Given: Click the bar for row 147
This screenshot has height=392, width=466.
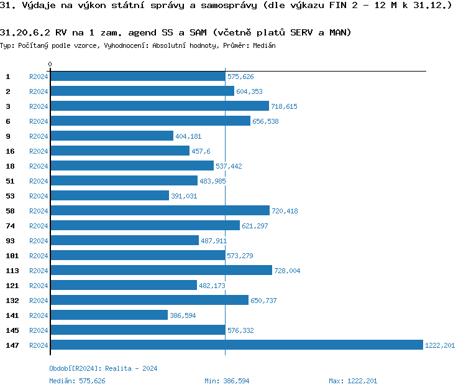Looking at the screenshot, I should (x=236, y=345).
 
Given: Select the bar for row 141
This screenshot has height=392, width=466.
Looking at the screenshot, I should (x=109, y=315).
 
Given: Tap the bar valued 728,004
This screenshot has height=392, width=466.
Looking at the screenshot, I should (x=161, y=271).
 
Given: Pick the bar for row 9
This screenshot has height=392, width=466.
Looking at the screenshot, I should (x=111, y=136).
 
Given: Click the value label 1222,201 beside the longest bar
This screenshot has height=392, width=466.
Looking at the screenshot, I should (x=440, y=345).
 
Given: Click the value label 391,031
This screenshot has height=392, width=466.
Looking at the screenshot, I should (x=184, y=196).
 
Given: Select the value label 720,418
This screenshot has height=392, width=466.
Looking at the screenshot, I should (x=285, y=211).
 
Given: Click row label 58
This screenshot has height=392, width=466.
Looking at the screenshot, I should (x=10, y=211).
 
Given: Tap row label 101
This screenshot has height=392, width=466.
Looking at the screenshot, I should (x=12, y=256).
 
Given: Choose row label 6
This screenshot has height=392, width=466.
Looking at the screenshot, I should (x=8, y=121).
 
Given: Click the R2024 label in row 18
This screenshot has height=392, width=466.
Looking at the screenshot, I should (x=39, y=166).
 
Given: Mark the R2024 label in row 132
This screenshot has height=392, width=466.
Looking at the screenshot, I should (x=39, y=301).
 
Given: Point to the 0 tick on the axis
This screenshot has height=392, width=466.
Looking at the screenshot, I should (x=50, y=64).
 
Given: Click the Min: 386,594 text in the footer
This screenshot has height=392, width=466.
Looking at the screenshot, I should (x=227, y=381).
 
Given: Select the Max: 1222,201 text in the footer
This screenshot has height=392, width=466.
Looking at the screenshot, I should (x=353, y=381).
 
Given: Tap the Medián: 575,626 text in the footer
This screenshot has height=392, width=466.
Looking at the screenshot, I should (x=77, y=381).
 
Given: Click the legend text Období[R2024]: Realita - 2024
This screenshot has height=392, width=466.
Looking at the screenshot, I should (x=103, y=368).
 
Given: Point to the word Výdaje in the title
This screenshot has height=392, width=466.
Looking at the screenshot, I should (x=37, y=6).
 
